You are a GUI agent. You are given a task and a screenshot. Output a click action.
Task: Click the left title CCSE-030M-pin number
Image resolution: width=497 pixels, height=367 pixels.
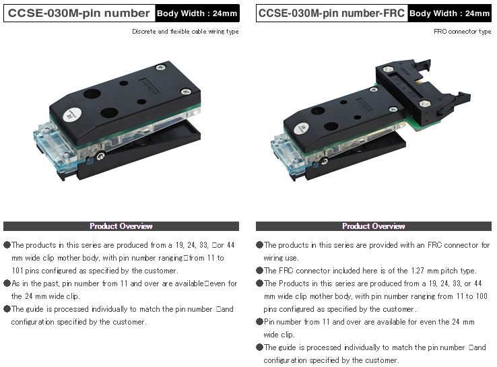(79, 13)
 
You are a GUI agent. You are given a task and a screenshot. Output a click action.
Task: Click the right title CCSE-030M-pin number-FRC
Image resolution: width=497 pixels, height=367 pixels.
(331, 13)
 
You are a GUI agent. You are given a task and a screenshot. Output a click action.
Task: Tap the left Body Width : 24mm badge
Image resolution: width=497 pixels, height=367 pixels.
(197, 13)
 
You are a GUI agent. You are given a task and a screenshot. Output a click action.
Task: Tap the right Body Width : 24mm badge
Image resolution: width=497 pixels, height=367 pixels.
(449, 13)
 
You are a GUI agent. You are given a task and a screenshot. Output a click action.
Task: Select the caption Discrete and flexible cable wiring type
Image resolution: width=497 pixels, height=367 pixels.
(185, 32)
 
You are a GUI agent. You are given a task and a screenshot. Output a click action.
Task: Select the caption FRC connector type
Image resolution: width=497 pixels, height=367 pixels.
(463, 32)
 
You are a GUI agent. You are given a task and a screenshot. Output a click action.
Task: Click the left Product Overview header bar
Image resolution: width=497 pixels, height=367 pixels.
(121, 226)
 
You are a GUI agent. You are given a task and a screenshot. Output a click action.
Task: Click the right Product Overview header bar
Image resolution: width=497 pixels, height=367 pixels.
(374, 226)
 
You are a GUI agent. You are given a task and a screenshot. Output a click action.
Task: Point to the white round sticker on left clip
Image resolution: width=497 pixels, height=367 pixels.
(72, 114)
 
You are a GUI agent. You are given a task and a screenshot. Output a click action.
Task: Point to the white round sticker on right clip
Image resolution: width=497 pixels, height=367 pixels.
(302, 128)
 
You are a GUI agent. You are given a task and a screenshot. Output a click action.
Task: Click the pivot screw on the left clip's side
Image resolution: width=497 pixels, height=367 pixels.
(101, 156)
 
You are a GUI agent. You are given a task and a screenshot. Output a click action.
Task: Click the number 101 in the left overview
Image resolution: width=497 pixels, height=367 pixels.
(18, 271)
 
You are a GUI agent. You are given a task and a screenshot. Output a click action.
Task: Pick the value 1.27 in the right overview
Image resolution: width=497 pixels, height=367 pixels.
(418, 271)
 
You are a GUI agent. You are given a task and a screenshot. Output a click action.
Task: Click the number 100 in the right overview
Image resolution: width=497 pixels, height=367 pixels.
(482, 296)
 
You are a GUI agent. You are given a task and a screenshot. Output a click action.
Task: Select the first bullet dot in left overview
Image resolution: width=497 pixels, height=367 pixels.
(7, 245)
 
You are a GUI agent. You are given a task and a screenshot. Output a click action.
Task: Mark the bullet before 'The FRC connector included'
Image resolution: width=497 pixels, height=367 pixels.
(259, 271)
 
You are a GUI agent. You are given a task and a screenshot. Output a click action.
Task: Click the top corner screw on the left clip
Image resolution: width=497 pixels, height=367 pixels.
(160, 67)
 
